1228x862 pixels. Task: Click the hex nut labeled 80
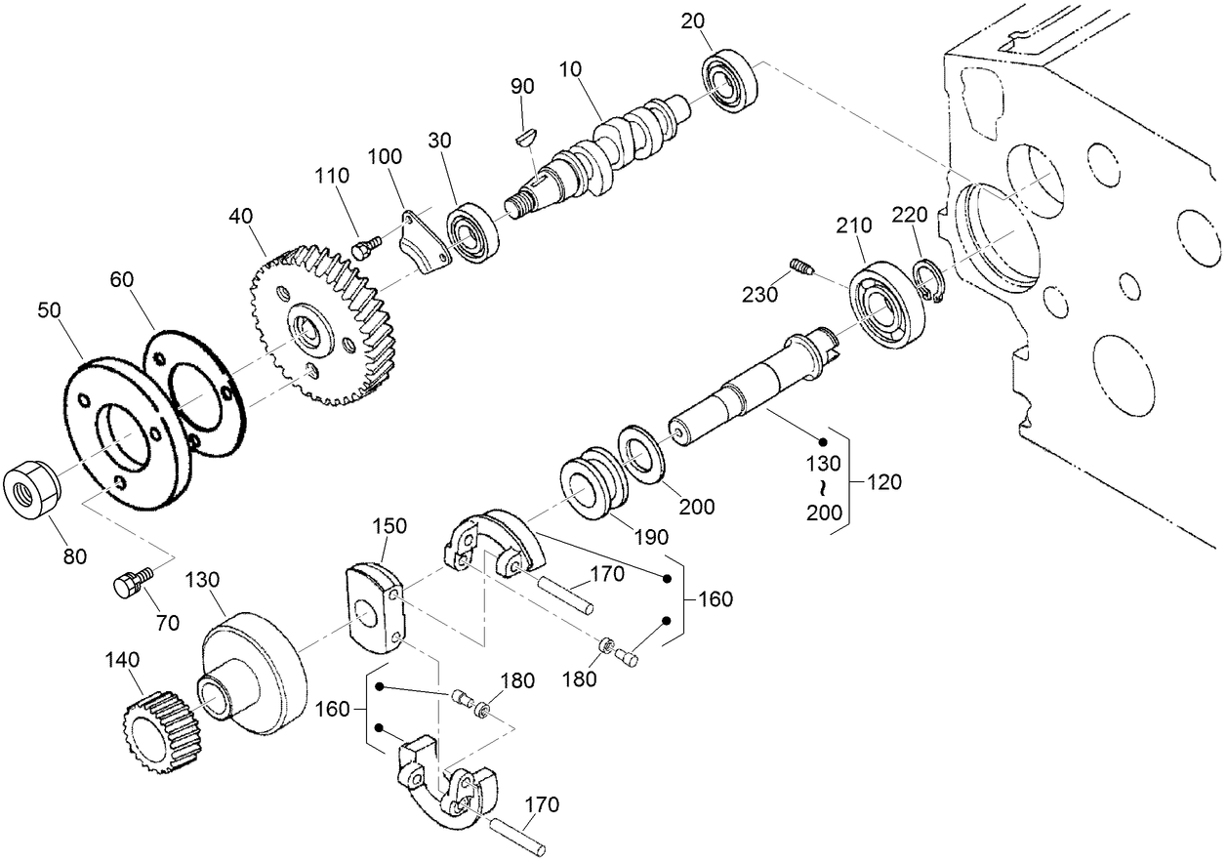click(x=31, y=493)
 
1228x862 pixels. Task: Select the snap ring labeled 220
click(x=927, y=283)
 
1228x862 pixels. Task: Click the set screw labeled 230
click(x=800, y=266)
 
